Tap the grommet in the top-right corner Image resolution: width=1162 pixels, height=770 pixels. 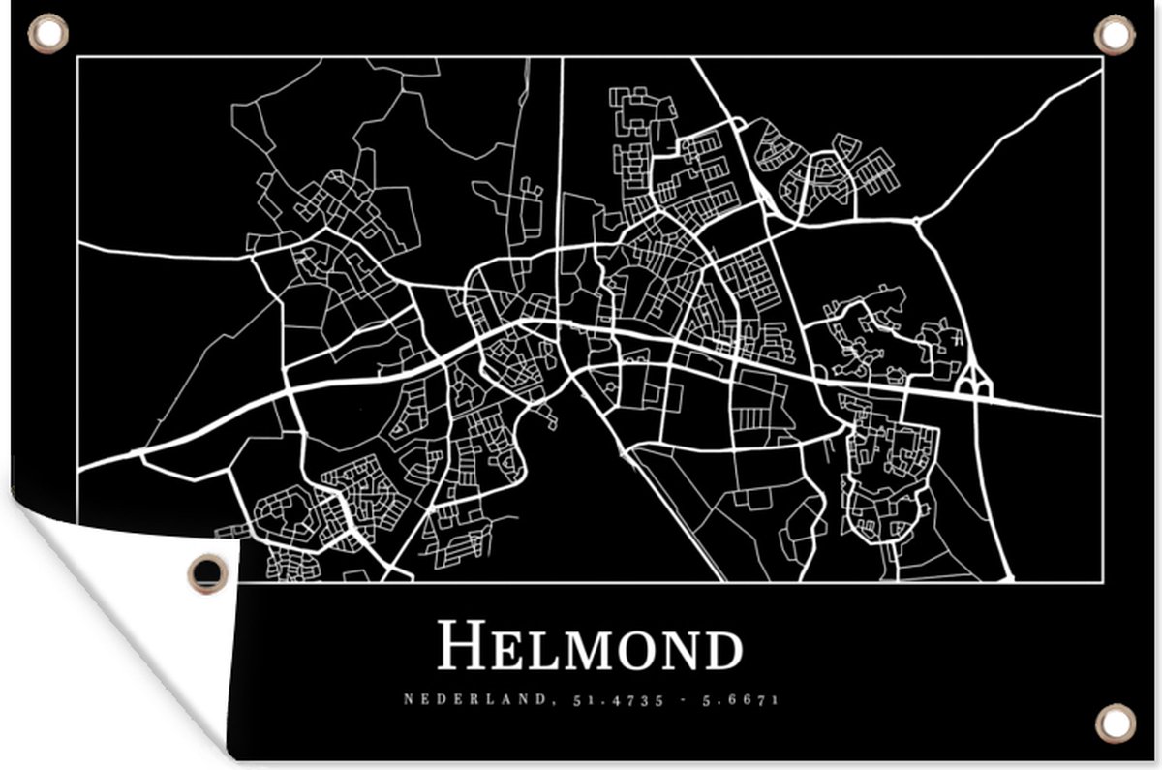(1113, 35)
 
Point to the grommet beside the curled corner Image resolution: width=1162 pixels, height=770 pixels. (207, 571)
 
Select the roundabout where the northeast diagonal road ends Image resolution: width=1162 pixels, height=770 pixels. (916, 221)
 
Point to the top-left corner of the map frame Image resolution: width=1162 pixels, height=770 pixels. (78, 57)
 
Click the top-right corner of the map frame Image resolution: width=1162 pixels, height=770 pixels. (1103, 57)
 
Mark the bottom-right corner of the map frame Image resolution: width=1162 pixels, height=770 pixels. (1103, 582)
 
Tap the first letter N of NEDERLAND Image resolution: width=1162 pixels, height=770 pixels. (408, 699)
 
